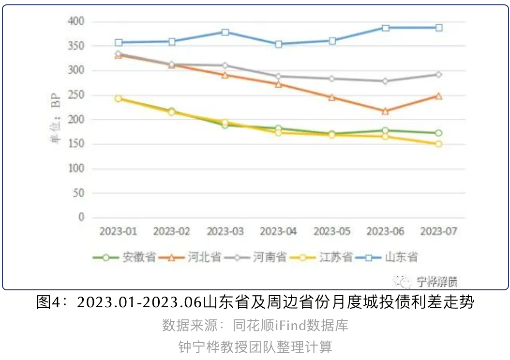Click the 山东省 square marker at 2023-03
[225, 32]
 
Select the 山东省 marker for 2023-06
[386, 28]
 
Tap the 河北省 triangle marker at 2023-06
[386, 111]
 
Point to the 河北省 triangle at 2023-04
[279, 84]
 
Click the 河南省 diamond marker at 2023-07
[439, 75]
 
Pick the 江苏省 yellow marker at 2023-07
[439, 144]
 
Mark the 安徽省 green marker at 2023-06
[386, 130]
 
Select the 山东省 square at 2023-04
[279, 44]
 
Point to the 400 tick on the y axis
[77, 22]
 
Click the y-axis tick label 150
[77, 144]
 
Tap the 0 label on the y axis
[81, 217]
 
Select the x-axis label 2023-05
[332, 232]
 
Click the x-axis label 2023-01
[119, 232]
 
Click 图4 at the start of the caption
[48, 303]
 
